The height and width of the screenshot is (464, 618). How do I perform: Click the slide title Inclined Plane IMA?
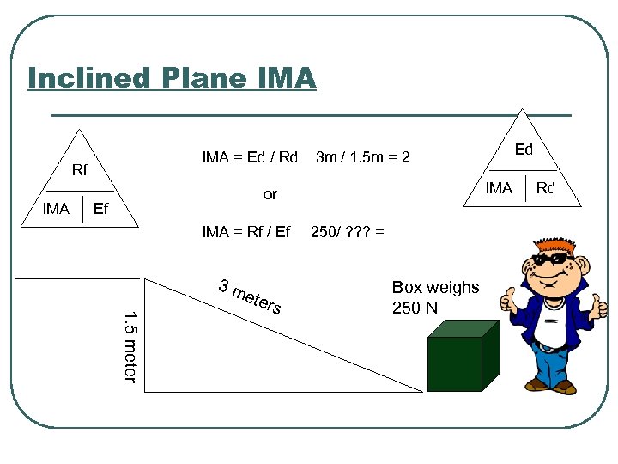tap(172, 78)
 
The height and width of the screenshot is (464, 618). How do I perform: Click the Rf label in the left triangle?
tap(80, 170)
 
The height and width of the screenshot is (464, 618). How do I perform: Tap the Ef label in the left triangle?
tap(100, 208)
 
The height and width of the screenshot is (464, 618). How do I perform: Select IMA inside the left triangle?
tap(56, 208)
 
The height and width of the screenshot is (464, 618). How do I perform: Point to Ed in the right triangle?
tap(524, 150)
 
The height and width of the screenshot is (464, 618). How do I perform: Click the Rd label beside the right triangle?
tap(547, 188)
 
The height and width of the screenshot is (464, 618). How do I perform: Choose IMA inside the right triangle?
tap(499, 188)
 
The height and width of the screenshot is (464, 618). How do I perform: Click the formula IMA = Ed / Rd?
tap(249, 157)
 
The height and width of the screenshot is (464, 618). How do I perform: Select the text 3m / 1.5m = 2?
tap(363, 157)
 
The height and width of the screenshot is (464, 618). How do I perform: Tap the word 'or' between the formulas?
tap(270, 194)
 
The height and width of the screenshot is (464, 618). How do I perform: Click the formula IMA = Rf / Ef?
tap(245, 231)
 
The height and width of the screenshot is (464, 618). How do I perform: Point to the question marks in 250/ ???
tap(357, 231)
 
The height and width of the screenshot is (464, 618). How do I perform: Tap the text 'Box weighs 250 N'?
tap(435, 297)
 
